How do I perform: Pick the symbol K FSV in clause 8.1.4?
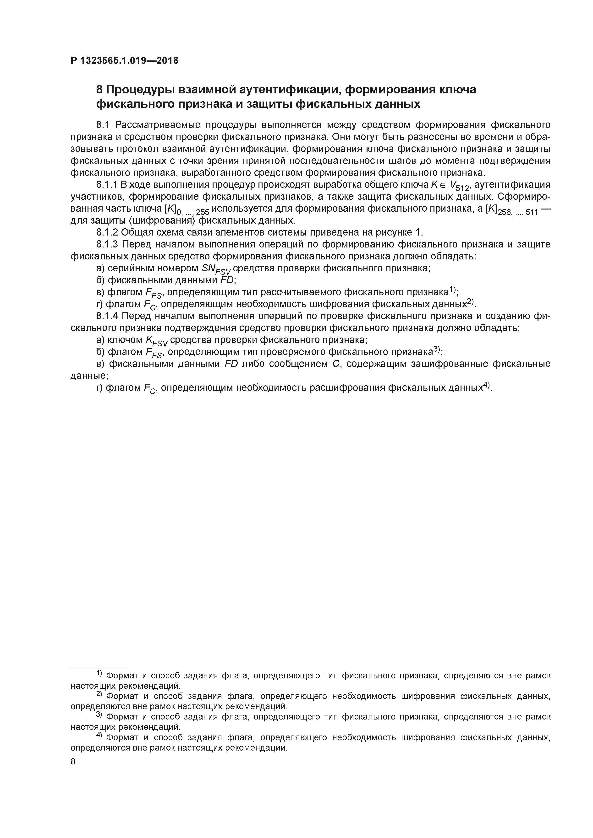156,341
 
